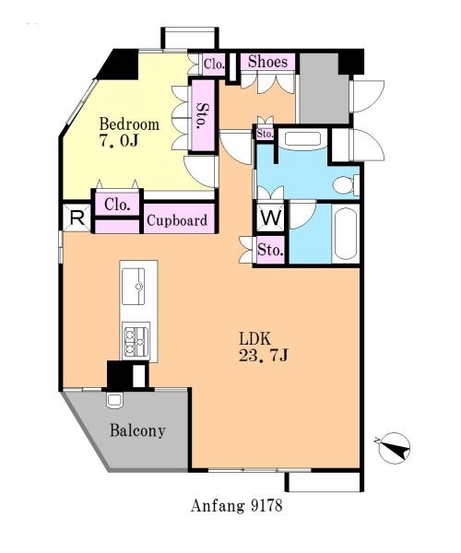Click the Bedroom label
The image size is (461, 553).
click(129, 124)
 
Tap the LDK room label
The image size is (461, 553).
click(255, 338)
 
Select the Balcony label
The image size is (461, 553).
click(137, 430)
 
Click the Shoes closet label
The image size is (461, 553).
click(267, 62)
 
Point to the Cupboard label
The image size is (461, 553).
click(177, 220)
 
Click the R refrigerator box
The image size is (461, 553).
click(77, 218)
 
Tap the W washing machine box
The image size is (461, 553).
click(270, 218)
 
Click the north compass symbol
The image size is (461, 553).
click(394, 448)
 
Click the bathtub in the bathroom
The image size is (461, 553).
click(346, 234)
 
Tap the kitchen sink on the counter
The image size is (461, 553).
click(133, 286)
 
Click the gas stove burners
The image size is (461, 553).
click(136, 341)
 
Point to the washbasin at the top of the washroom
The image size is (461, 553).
click(302, 138)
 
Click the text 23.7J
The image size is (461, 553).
click(264, 355)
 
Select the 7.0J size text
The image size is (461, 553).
click(118, 141)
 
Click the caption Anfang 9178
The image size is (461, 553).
click(237, 506)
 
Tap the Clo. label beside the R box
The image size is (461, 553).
click(117, 205)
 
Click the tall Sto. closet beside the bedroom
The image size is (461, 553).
click(202, 115)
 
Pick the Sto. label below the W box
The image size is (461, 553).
click(270, 251)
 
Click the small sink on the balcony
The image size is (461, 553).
click(114, 401)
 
